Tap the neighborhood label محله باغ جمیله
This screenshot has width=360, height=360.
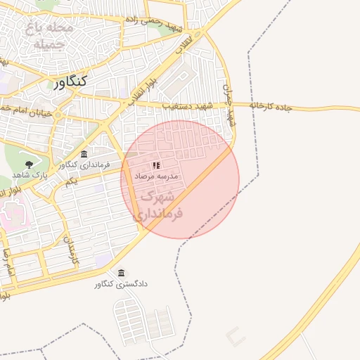coord(48,36)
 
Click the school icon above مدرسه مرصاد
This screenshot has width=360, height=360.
coord(156,165)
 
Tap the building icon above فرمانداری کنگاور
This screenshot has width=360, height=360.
coord(84,154)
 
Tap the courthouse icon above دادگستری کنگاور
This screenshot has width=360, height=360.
coord(122,273)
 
